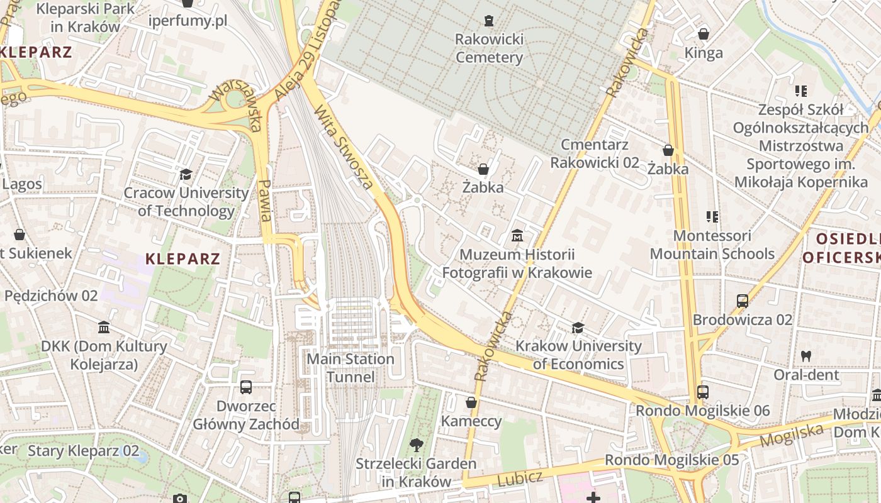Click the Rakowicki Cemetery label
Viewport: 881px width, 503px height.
click(489, 48)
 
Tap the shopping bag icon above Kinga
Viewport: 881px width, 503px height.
click(704, 34)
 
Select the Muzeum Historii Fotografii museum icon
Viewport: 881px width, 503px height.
click(517, 236)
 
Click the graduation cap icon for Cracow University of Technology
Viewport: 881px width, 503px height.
click(186, 174)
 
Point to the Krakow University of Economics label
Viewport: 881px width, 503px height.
click(578, 355)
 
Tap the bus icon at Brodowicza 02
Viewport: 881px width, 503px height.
click(743, 301)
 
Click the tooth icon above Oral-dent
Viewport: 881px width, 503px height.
click(805, 356)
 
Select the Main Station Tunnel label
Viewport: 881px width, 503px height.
click(351, 368)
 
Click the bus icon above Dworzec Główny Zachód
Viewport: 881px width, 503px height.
click(246, 387)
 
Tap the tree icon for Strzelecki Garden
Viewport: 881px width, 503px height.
click(416, 446)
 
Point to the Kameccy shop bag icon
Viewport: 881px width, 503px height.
click(471, 402)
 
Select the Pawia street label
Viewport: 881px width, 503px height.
click(265, 201)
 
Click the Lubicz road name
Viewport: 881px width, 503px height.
click(520, 478)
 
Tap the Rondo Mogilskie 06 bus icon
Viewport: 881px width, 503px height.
click(703, 392)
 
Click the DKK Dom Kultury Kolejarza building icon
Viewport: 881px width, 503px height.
click(104, 328)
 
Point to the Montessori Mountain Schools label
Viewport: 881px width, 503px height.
click(712, 245)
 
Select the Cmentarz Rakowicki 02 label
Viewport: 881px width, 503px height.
click(595, 153)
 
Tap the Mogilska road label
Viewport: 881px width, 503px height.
click(792, 434)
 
